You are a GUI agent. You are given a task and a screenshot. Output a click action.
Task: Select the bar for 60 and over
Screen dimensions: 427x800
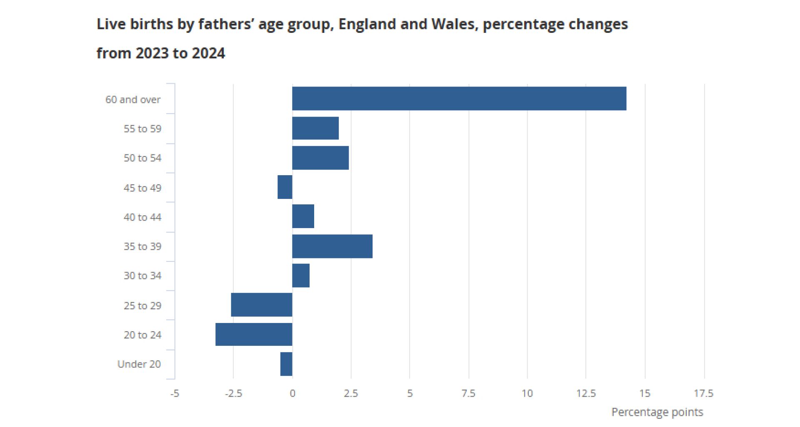[459, 99]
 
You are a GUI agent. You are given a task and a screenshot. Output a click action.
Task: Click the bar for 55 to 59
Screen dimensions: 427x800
[315, 128]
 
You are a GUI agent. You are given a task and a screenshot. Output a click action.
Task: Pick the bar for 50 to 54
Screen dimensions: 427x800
[320, 158]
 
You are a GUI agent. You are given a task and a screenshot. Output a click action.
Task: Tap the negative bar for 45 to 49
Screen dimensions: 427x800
[285, 187]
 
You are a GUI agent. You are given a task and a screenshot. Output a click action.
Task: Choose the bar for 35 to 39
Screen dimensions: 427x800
[332, 246]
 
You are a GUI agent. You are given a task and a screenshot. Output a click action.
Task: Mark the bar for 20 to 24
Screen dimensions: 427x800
[254, 334]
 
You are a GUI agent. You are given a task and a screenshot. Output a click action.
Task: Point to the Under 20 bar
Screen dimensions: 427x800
[286, 364]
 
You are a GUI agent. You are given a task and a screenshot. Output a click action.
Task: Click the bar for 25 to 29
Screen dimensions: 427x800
[262, 305]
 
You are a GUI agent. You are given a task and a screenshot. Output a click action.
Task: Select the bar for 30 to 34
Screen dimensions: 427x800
[301, 276]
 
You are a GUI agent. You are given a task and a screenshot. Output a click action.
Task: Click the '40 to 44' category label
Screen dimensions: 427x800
[142, 217]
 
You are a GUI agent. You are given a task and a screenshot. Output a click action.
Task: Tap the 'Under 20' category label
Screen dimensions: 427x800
[139, 364]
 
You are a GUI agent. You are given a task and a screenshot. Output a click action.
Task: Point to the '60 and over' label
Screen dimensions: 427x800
[132, 100]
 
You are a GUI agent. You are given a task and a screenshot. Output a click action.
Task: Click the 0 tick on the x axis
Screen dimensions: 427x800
[292, 393]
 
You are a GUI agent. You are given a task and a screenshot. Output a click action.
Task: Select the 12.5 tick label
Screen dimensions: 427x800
[586, 393]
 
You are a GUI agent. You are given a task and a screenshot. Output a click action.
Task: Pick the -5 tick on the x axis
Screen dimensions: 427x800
[175, 393]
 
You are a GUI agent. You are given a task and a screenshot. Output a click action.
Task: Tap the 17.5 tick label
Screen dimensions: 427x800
[703, 393]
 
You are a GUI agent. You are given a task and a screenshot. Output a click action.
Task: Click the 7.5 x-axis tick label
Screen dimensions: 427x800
[468, 393]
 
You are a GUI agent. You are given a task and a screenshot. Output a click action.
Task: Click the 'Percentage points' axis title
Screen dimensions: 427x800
[657, 412]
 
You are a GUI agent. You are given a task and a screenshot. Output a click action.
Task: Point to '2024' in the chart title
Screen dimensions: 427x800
[208, 53]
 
